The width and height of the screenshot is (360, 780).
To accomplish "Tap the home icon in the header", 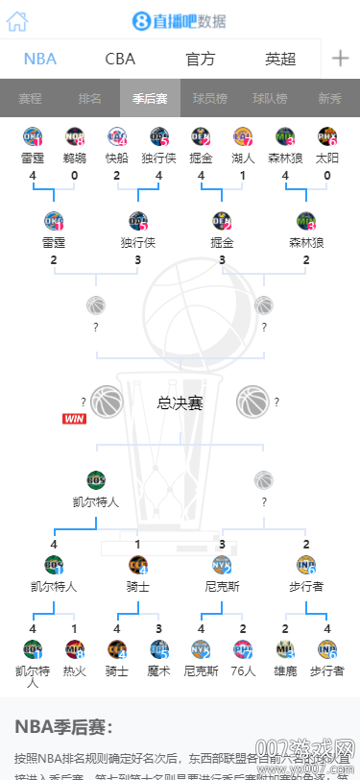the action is [17, 21].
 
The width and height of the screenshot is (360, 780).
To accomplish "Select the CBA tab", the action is [120, 59].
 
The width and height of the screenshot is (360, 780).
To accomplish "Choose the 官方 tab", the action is [200, 59].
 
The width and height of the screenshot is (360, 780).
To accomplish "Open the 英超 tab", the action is [280, 59].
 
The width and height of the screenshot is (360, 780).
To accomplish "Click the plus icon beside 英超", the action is [340, 59].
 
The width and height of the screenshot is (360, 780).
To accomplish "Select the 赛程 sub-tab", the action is [30, 98].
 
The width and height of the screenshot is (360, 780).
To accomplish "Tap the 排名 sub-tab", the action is [89, 98].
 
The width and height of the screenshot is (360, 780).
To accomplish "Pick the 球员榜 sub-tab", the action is [209, 98].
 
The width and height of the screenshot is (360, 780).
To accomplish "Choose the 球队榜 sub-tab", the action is [270, 98].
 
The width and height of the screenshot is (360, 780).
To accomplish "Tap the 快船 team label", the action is [116, 158].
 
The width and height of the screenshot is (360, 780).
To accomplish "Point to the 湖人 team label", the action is [243, 158].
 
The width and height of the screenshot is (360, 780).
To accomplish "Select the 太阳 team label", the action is [327, 158].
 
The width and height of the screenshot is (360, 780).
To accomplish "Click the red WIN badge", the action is [75, 419].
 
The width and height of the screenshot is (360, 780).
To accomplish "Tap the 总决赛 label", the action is [180, 403].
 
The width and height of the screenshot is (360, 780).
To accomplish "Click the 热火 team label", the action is [74, 670].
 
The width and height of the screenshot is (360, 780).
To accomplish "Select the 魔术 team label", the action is [158, 670].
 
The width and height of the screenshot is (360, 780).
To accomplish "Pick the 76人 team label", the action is [243, 670].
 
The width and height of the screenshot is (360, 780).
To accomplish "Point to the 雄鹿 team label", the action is [285, 670].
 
